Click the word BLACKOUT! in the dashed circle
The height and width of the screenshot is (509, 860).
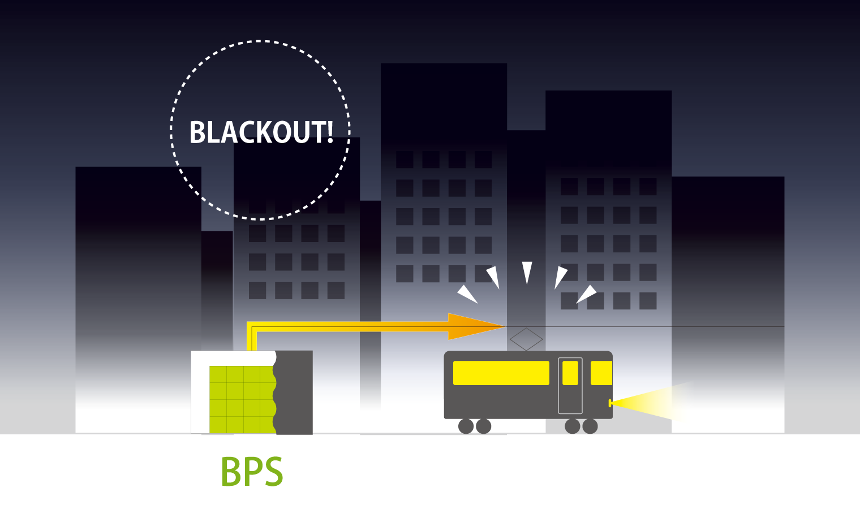[x=261, y=132]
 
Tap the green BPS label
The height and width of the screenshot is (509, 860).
[x=252, y=472]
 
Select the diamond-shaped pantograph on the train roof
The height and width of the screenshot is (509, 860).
[x=526, y=339]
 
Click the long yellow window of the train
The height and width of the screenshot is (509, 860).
[x=501, y=373]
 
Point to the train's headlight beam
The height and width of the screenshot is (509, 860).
[x=656, y=401]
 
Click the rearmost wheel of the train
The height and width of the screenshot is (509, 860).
[x=466, y=426]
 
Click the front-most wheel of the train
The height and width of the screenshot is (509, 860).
[x=590, y=426]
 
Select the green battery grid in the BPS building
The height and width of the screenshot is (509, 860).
[x=242, y=399]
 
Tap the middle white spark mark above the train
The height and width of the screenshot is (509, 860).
[x=527, y=272]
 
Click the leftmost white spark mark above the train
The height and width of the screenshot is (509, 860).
[x=467, y=294]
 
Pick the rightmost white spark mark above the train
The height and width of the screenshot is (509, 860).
[x=587, y=294]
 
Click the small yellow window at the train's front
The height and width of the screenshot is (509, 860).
[x=601, y=373]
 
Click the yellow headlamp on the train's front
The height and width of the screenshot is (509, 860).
[x=610, y=403]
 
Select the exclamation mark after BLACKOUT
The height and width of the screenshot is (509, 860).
[x=329, y=132]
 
